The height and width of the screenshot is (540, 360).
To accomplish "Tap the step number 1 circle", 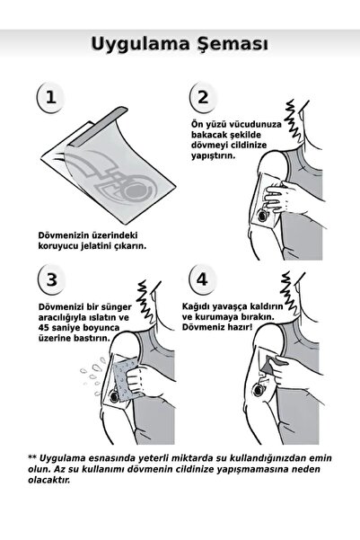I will tap(53, 98).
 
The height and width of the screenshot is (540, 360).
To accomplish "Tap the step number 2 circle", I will tap(203, 98).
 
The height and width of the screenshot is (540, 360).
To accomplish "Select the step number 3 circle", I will tap(53, 279).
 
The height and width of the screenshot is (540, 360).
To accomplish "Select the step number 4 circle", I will tap(202, 279).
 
